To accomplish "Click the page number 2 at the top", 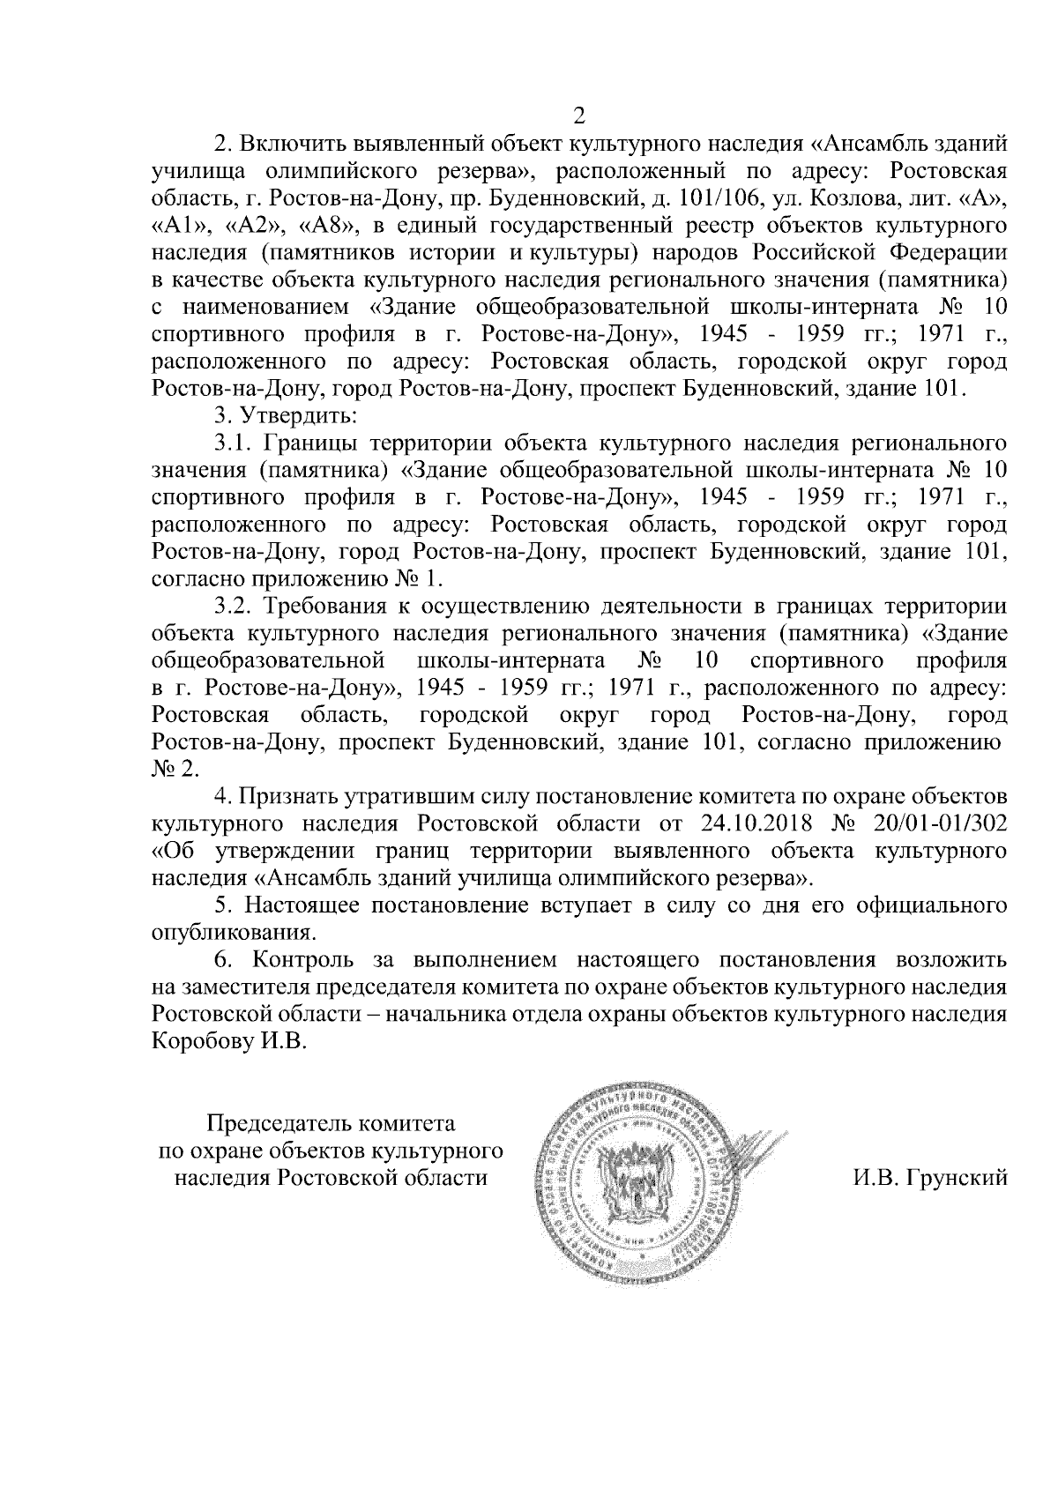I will click(x=579, y=115).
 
